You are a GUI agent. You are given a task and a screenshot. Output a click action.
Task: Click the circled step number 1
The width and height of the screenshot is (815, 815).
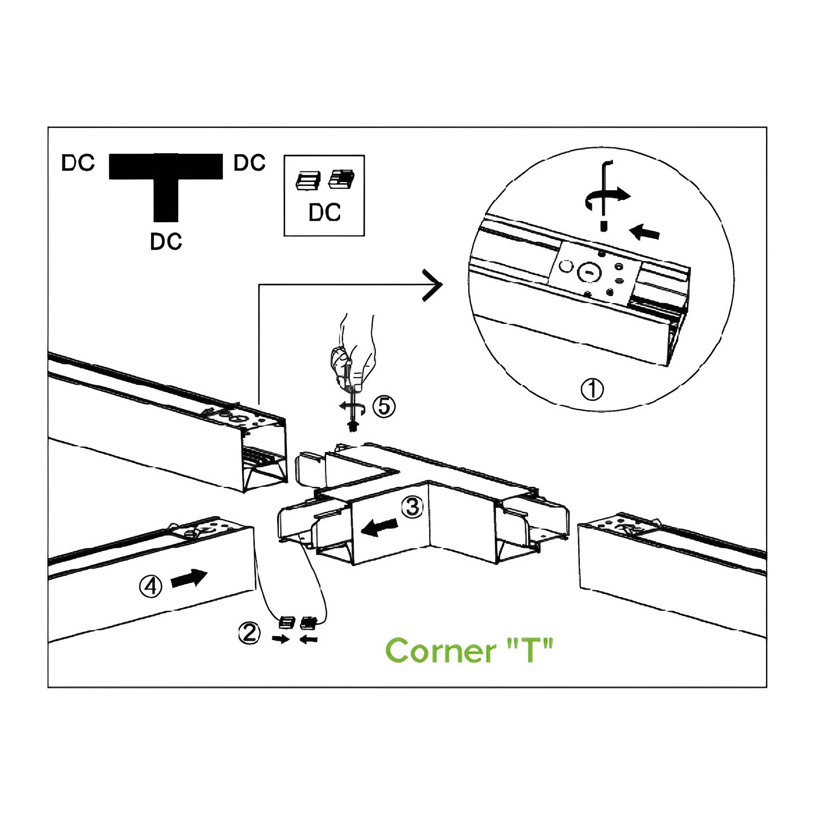[x=592, y=390]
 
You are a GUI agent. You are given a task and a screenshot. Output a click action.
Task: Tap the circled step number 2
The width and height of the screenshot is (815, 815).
[x=249, y=634]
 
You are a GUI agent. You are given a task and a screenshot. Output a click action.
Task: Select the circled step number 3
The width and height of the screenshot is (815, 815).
[x=412, y=506]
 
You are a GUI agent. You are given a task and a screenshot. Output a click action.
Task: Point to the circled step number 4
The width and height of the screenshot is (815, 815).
[x=151, y=586]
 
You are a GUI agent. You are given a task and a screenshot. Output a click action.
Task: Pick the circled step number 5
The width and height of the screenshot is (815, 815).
[x=384, y=406]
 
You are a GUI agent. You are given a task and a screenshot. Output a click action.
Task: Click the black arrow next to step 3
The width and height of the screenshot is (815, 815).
[x=380, y=526]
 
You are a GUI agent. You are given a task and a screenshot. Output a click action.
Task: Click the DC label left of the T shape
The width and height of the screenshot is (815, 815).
[x=78, y=164]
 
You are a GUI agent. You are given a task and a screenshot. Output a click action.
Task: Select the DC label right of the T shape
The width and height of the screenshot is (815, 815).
[x=249, y=163]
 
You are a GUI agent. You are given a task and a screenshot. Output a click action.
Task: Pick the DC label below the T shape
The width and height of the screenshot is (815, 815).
[x=166, y=242]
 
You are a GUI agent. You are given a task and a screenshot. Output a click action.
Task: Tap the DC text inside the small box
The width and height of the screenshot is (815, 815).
[x=324, y=212]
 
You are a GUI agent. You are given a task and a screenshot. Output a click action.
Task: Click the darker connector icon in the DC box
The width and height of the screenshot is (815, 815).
[x=341, y=179]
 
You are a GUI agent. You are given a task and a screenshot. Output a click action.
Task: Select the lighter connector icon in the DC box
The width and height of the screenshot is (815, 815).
[x=308, y=180]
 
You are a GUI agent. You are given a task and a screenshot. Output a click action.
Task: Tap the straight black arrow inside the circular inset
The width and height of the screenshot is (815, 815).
[x=645, y=233]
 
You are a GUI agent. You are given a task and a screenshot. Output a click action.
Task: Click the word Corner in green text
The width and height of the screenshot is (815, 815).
[x=441, y=650]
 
